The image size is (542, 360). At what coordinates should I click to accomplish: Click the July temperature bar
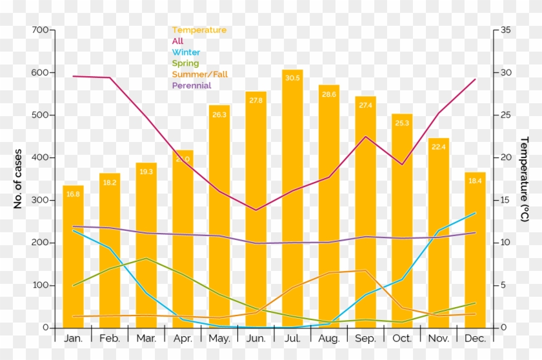click(x=292, y=194)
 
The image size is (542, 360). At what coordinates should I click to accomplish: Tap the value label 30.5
click(x=292, y=78)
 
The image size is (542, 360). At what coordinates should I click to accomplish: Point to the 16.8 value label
click(x=73, y=194)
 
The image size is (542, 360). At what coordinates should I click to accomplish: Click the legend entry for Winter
click(x=186, y=52)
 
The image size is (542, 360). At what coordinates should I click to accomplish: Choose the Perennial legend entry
click(x=192, y=85)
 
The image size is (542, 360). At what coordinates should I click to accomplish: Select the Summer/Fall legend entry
click(x=199, y=74)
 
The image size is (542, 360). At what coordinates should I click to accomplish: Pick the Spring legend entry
click(x=185, y=63)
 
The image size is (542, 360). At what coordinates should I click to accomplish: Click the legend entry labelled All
click(x=177, y=41)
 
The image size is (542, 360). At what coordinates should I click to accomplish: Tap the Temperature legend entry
click(x=199, y=30)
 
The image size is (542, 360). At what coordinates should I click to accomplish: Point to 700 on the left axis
click(x=39, y=30)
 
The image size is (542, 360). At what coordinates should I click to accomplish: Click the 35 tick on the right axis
click(x=505, y=30)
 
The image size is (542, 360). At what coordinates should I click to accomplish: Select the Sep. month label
click(x=365, y=338)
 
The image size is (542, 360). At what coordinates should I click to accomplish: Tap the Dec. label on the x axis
click(x=475, y=338)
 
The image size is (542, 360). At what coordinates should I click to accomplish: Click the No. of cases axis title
click(x=18, y=179)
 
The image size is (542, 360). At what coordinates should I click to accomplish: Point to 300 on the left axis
click(x=39, y=200)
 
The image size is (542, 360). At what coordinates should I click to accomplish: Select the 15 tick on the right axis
click(x=505, y=200)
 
